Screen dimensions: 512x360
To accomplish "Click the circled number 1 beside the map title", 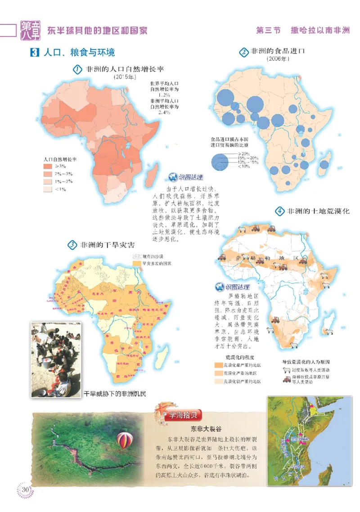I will (x=77, y=70).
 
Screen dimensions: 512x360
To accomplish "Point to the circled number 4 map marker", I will (x=279, y=211).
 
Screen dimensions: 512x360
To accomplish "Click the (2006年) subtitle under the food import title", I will (x=278, y=58).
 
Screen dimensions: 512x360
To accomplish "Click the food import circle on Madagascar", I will (x=324, y=165).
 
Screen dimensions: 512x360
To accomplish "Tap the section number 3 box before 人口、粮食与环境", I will (x=34, y=53).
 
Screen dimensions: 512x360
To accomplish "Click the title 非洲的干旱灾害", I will (x=107, y=245).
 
